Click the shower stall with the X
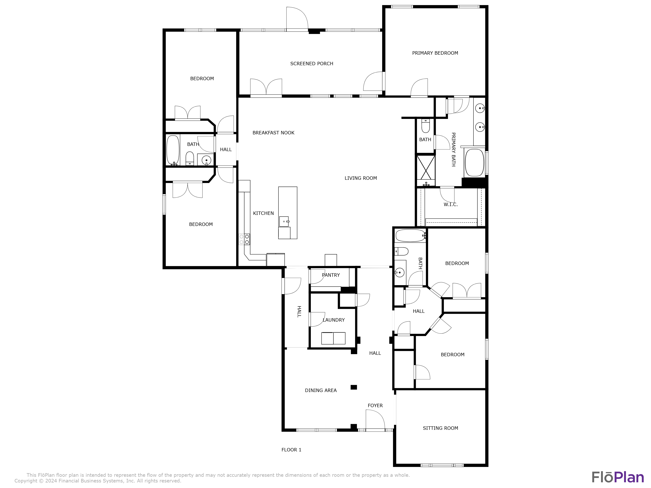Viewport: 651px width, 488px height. pyautogui.click(x=426, y=167)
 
